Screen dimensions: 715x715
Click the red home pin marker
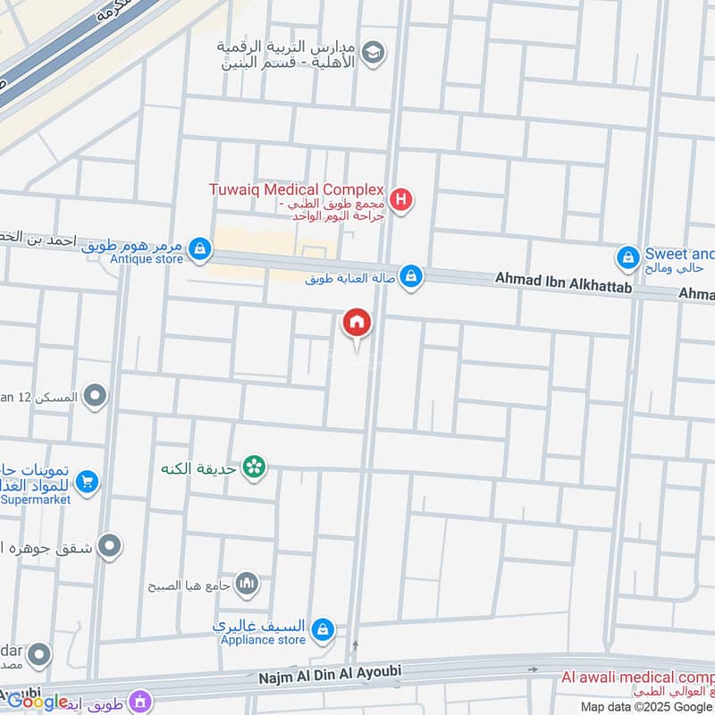(x=357, y=324)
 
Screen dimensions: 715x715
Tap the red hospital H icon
(x=402, y=199)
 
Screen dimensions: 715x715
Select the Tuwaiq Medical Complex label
(x=296, y=189)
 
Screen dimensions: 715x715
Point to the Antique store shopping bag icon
(x=201, y=248)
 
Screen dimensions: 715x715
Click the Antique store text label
(x=147, y=260)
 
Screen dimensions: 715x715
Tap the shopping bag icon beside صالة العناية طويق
(x=410, y=277)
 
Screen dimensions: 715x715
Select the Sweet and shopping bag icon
(x=628, y=259)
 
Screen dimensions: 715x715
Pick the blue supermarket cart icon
(x=87, y=484)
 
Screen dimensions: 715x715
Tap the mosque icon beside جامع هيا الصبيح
(x=248, y=585)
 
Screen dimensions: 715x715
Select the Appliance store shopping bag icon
(x=324, y=631)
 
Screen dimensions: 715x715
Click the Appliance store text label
(x=265, y=640)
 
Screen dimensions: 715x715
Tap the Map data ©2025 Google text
(x=644, y=706)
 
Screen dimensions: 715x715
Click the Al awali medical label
(x=638, y=677)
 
